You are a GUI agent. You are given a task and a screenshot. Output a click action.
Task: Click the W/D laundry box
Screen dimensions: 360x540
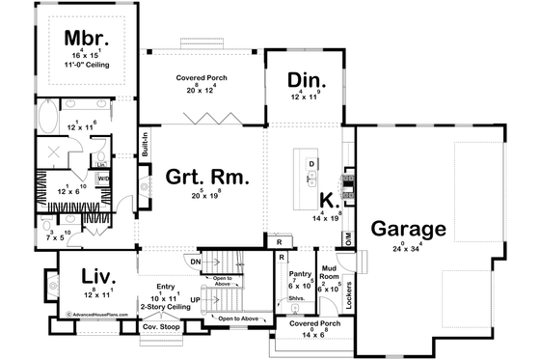103,179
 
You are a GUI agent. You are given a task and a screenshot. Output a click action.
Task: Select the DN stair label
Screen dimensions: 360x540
194,262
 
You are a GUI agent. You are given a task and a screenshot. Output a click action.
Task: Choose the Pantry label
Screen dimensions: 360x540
301,274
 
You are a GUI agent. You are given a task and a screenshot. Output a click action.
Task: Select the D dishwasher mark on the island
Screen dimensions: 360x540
311,164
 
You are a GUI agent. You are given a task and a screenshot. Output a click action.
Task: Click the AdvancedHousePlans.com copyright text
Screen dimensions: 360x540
99,314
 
